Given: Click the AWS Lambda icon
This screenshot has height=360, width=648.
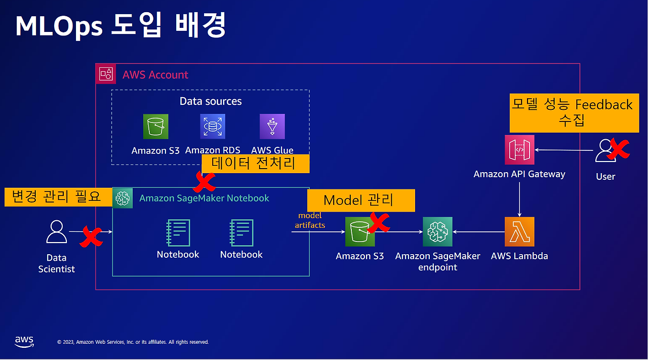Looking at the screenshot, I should click(519, 232).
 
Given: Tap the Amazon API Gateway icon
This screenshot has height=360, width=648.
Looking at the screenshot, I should click(519, 150).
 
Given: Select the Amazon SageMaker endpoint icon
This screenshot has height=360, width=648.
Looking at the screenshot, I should click(437, 232).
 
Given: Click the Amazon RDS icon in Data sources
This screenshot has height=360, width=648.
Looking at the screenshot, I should click(213, 127).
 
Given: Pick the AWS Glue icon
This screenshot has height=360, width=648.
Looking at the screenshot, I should click(272, 127).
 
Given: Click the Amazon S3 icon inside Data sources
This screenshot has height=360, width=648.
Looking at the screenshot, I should click(155, 127).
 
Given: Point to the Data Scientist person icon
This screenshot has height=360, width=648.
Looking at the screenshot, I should click(56, 232).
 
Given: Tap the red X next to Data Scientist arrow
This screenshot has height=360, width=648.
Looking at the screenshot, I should click(91, 236).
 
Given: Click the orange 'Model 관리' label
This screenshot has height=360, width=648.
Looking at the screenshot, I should click(360, 201).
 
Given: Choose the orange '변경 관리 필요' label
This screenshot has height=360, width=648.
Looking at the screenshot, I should click(58, 197).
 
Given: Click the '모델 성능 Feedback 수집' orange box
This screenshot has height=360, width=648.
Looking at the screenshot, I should click(572, 112).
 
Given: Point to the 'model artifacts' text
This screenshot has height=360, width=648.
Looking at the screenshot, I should click(310, 220).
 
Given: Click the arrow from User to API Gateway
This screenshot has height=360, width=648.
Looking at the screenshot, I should click(564, 150).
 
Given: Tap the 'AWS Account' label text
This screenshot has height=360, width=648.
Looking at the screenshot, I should click(155, 75).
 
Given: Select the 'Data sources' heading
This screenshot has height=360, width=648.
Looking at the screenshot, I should click(211, 101).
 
